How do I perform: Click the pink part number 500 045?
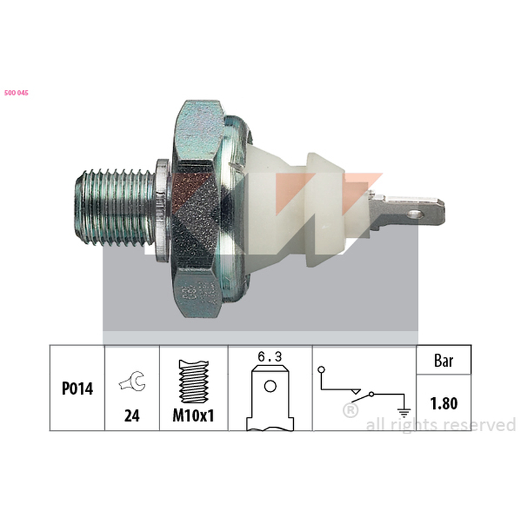pos(16,93)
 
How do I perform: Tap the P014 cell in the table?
pos(77,388)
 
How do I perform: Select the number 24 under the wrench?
pos(132,415)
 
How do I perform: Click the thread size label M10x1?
pos(193,415)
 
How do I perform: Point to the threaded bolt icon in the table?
pos(193,382)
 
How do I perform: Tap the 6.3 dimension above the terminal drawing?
pos(270,357)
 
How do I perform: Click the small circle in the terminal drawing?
pos(270,386)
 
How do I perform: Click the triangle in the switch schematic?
pos(356,391)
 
